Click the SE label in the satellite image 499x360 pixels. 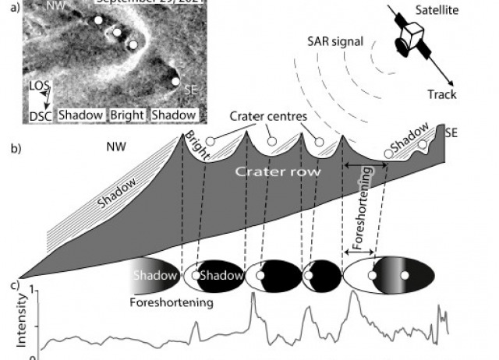point(189,90)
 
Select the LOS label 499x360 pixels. point(37,85)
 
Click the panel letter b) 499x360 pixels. point(10,147)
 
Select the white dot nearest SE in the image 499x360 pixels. point(175,81)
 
